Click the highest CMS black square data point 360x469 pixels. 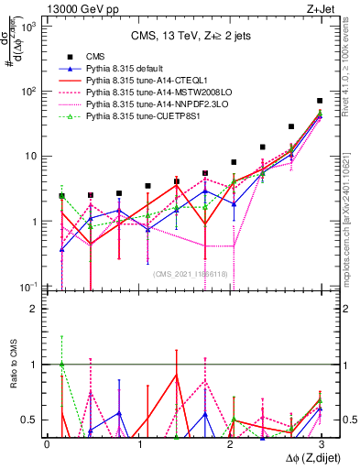pos(319,101)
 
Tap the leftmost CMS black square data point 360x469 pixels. pos(61,196)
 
